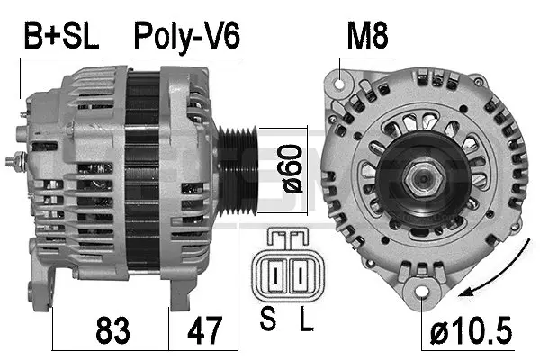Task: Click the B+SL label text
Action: pos(60,37)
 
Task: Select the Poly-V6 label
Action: pos(186,37)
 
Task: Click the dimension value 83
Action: pos(109,329)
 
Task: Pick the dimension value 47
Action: pos(203,329)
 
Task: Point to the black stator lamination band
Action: pos(142,171)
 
